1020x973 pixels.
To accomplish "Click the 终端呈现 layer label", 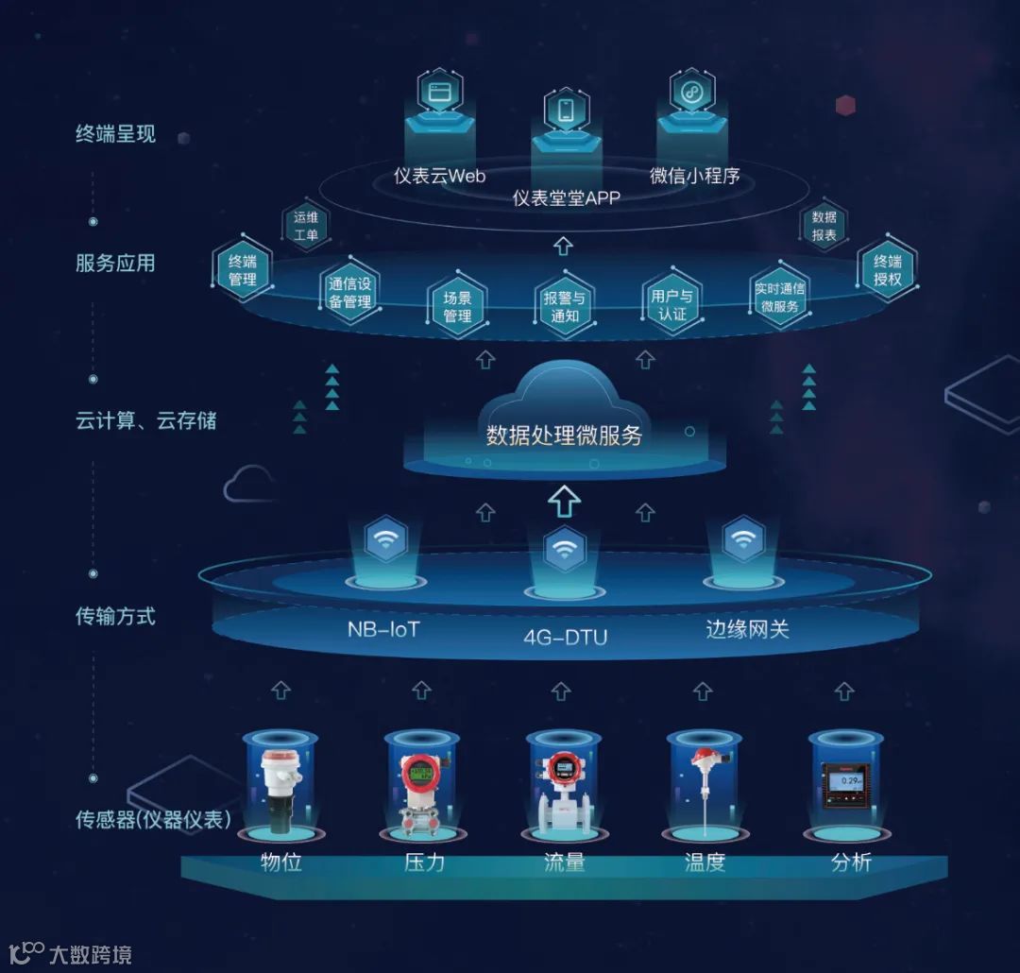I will (x=115, y=134).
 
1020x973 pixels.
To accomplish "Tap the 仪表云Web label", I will (x=440, y=177).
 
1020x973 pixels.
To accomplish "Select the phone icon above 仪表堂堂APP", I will (x=566, y=111).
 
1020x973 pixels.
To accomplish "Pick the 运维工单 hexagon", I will (x=306, y=226).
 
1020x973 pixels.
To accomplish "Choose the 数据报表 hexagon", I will (x=824, y=226).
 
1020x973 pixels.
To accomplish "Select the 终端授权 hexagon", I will (x=887, y=270).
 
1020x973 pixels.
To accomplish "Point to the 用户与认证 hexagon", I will (x=671, y=304).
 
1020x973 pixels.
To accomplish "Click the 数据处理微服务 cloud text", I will (x=564, y=435).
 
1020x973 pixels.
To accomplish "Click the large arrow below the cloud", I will (x=565, y=501).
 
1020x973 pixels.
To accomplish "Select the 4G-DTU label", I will (x=565, y=637).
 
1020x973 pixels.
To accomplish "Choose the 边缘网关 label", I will (x=747, y=628).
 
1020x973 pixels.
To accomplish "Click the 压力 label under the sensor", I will (x=424, y=862).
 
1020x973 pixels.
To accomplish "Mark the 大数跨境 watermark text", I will (x=92, y=954).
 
